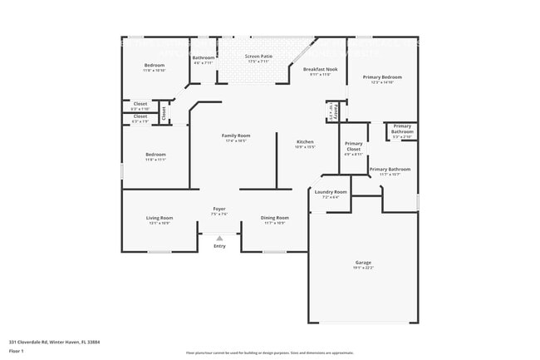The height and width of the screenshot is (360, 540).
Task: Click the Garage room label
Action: pos(364,262)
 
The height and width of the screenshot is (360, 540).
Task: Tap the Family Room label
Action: pos(236,136)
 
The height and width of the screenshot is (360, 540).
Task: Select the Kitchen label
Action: pos(306,142)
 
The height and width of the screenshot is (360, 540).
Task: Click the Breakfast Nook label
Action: pos(320,70)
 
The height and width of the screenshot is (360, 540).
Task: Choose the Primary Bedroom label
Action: pos(382,76)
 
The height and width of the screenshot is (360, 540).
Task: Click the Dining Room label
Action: pos(275,218)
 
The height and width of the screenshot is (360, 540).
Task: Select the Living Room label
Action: pos(160,218)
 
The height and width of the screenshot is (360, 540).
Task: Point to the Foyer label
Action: pos(219,209)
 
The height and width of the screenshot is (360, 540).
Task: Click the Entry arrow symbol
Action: pos(219,239)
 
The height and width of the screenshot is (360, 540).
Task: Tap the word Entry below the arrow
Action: pos(219,246)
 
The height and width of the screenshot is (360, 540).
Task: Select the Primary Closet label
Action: pos(354,146)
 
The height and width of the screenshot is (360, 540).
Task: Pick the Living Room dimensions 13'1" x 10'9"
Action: pos(160,223)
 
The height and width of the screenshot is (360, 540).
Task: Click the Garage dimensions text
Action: pos(364,267)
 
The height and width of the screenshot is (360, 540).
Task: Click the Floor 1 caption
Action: pos(17,349)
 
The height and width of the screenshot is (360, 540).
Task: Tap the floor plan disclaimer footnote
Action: pos(269,353)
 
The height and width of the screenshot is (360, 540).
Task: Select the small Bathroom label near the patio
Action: pos(204,57)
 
